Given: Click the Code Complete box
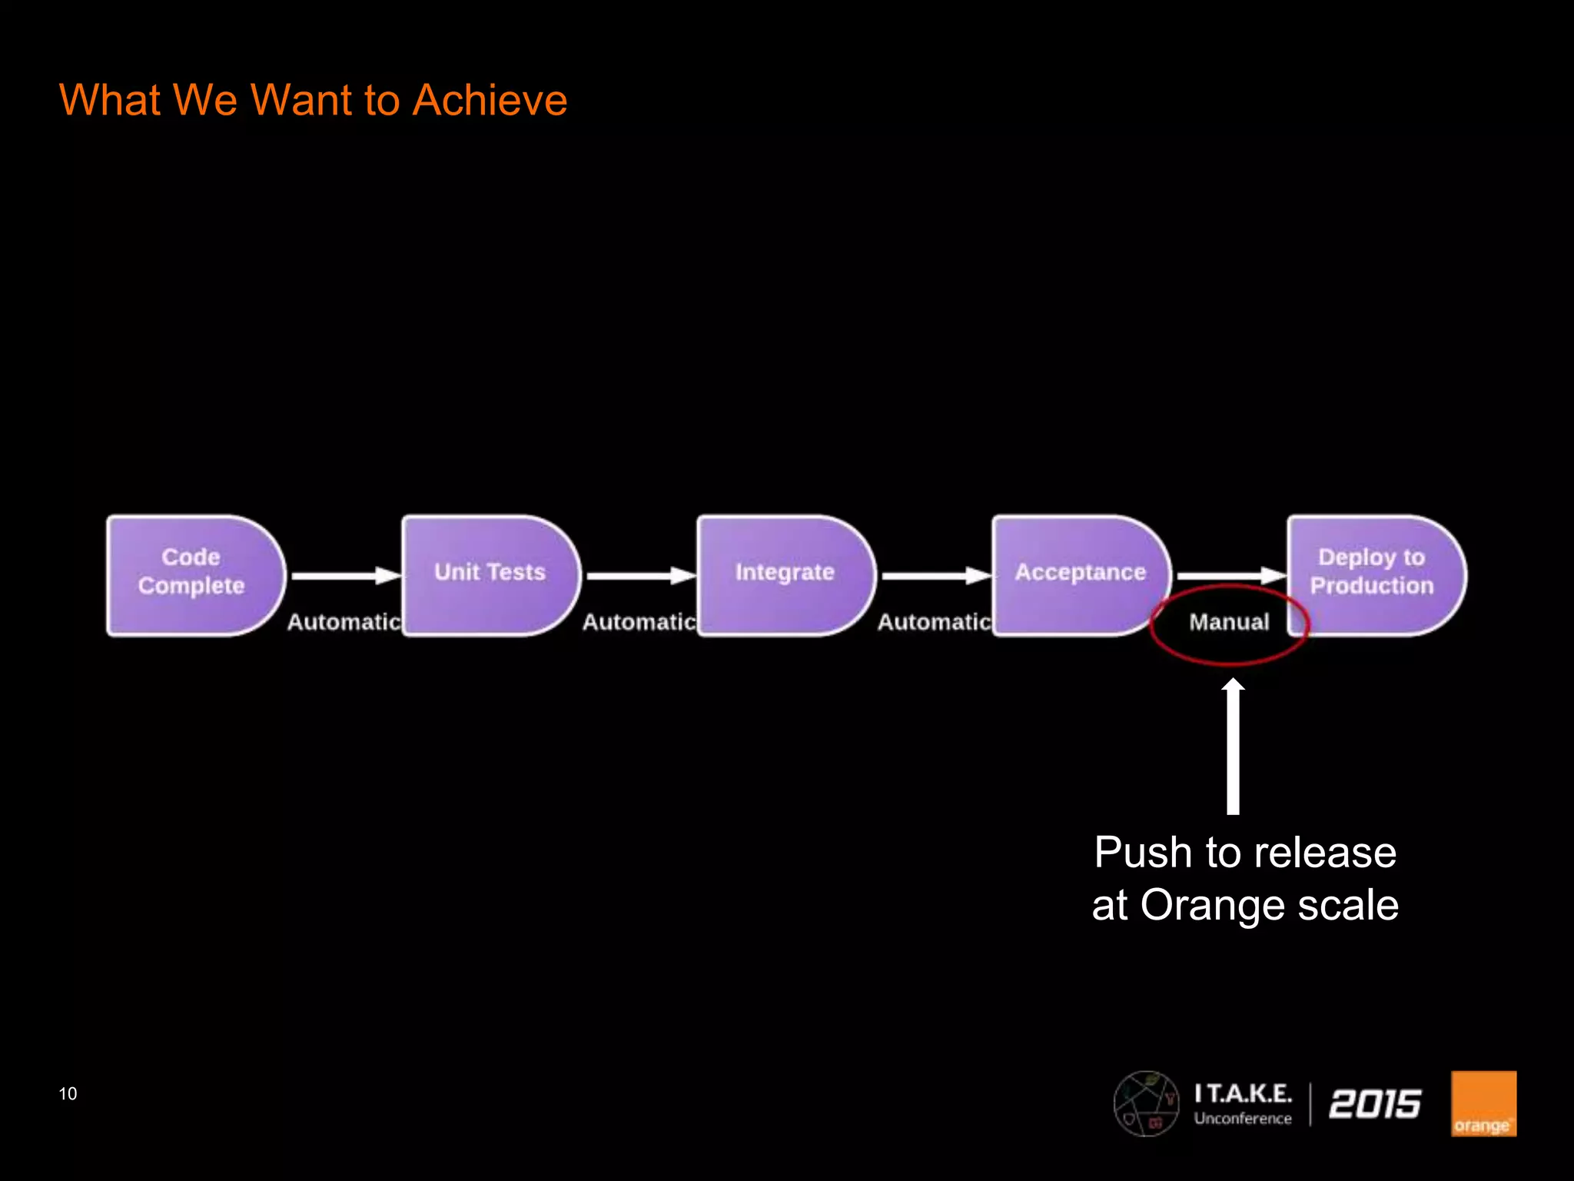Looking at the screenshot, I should pos(192,575).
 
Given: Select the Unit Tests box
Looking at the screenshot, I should pos(490,575).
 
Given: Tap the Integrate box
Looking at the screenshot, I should pos(784,575).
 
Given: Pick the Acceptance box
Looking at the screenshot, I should pos(1080,575).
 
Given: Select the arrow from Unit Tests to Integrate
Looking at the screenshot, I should pos(639,575).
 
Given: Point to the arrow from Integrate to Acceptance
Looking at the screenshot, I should pos(935,575).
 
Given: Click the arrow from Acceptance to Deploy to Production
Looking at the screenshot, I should pos(1230,575).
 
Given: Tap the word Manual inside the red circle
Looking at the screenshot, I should pos(1229,621).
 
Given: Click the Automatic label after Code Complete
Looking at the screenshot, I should pos(344,621).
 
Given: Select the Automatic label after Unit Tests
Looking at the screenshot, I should pos(639,621).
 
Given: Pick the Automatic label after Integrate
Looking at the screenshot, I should pos(934,621).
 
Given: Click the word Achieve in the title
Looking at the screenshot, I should pos(489,100).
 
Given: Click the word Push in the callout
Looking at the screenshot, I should pos(1143,853).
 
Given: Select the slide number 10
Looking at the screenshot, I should pos(68,1093).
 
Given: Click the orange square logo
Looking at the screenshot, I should pos(1483,1103).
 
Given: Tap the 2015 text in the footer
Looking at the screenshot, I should pos(1374,1103).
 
